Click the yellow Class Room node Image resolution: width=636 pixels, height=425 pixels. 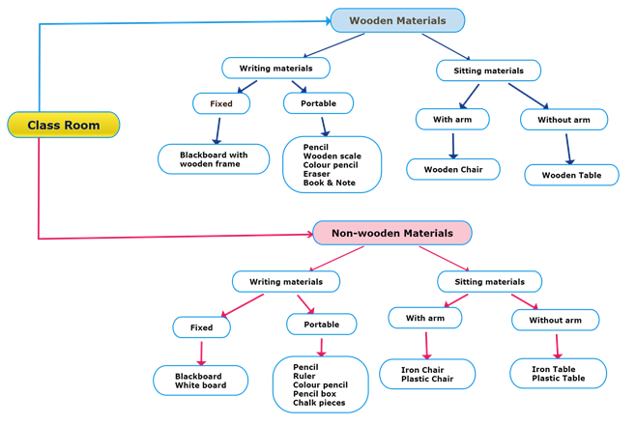(x=64, y=126)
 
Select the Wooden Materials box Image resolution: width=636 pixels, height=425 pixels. (x=397, y=20)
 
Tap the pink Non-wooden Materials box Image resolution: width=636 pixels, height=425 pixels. (x=391, y=233)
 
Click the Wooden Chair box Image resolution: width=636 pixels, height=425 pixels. (x=452, y=169)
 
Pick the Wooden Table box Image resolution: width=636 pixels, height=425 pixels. (x=571, y=175)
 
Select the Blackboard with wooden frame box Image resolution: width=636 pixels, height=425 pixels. (x=214, y=159)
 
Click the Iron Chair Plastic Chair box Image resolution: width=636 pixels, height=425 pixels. (x=426, y=374)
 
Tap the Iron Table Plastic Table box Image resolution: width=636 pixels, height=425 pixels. (x=559, y=374)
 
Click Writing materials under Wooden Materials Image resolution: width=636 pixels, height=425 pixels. (x=275, y=68)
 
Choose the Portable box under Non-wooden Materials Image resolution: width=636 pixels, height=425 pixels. (x=322, y=326)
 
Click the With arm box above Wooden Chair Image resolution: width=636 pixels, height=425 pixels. (x=452, y=120)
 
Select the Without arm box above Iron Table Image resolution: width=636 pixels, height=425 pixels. (x=555, y=320)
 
